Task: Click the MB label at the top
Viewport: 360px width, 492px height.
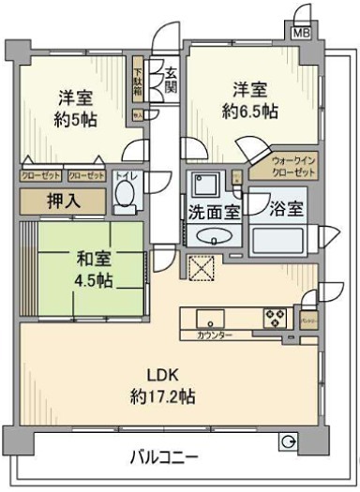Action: point(300,31)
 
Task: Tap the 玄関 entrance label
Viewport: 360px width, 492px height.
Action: point(171,80)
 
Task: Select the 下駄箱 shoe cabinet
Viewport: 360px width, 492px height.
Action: point(138,82)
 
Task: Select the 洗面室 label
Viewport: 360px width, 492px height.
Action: point(212,211)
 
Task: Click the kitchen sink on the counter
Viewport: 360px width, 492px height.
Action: point(209,317)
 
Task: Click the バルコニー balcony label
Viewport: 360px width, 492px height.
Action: point(164,458)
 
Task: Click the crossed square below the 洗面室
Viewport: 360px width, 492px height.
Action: point(201,267)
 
